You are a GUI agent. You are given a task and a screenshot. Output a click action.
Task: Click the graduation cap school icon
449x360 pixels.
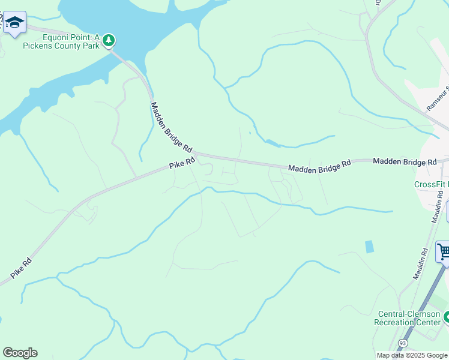14,23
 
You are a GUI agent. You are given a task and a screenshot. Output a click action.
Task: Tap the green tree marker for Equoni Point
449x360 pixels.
109,40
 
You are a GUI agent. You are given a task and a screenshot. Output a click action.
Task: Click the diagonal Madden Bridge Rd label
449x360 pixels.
171,127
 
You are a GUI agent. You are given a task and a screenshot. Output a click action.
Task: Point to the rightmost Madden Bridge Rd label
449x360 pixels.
404,162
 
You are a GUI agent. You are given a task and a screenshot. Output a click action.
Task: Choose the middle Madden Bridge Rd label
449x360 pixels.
319,167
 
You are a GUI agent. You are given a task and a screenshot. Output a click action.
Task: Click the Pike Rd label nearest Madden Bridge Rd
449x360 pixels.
182,162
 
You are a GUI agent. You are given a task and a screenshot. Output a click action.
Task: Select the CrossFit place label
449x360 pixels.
432,184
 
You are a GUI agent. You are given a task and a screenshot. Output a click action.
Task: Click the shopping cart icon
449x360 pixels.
443,252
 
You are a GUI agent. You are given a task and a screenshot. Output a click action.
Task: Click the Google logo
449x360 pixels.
20,353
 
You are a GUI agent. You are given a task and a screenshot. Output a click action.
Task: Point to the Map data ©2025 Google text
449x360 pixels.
412,355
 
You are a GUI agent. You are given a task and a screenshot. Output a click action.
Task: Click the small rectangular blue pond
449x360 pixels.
369,246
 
